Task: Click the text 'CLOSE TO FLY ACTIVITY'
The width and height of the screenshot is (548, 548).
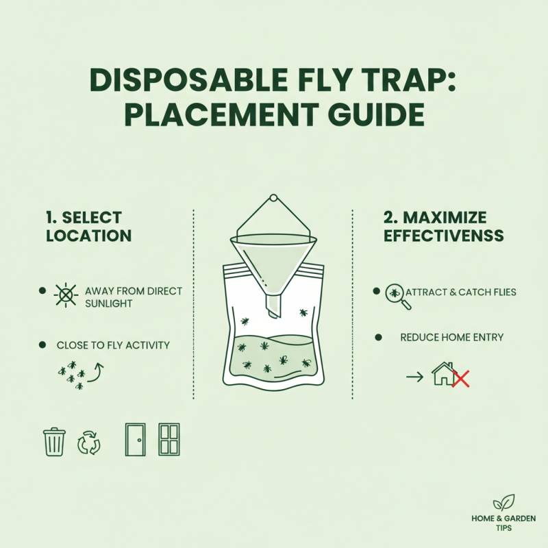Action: click(x=113, y=345)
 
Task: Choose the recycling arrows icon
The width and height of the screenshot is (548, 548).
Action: click(x=89, y=443)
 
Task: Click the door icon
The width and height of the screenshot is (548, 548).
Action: click(x=135, y=440)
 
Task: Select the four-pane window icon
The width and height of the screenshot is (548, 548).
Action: click(x=169, y=440)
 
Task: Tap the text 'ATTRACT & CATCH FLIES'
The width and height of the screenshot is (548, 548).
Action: click(x=461, y=292)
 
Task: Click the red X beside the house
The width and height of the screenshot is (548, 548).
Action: click(x=462, y=378)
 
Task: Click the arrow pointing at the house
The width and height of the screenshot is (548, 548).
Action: click(x=414, y=376)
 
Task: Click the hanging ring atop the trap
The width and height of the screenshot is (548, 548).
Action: click(x=272, y=199)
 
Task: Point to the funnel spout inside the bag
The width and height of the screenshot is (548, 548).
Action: click(x=273, y=306)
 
